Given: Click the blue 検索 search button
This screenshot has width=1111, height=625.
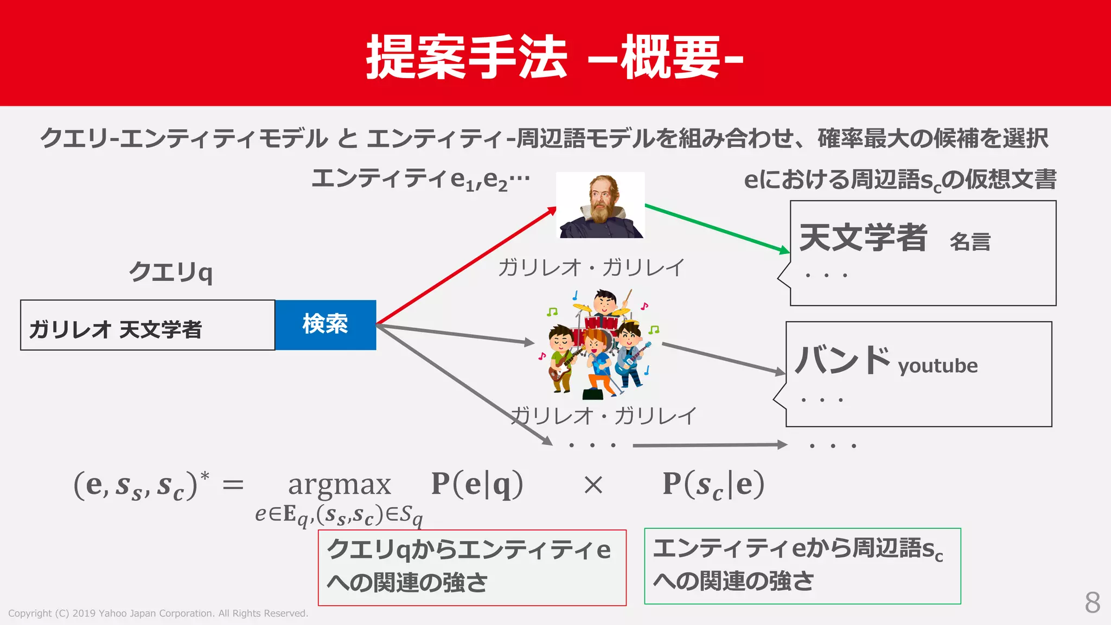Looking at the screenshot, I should tap(325, 324).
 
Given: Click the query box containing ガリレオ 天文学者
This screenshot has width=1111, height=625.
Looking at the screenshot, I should tap(147, 326).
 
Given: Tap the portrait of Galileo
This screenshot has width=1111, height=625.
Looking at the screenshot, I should tap(601, 205).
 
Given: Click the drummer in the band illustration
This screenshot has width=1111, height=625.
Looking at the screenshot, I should tap(605, 304).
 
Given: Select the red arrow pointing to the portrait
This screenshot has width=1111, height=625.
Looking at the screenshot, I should tap(467, 266).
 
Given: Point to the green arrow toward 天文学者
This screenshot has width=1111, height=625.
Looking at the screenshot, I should tap(716, 228).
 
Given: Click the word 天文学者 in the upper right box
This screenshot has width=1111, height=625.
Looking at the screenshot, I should tap(863, 238).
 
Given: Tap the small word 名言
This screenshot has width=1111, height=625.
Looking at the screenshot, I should tap(970, 242).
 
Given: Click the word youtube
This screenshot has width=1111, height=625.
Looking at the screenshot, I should tap(938, 366).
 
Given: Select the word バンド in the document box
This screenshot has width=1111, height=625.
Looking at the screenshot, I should tap(842, 360).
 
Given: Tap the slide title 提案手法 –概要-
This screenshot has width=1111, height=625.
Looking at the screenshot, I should tap(554, 57).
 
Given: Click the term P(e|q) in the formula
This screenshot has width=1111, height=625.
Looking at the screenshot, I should tap(477, 484).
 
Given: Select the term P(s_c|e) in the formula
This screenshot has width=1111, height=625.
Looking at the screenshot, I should tap(713, 484).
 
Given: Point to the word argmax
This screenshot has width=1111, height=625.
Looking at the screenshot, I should tap(340, 484).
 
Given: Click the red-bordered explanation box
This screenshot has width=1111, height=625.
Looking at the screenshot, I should tap(472, 567).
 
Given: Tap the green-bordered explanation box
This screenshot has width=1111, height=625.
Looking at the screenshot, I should tap(802, 566).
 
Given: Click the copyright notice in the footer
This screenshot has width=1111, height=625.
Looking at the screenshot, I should tap(158, 614).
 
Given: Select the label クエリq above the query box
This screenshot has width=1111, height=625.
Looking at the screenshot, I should tap(170, 272).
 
